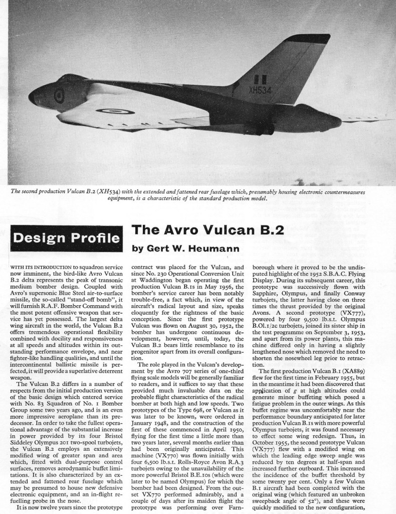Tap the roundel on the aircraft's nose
pyautogui.click(x=59, y=95)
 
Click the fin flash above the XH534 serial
pyautogui.click(x=260, y=79)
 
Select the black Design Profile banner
pyautogui.click(x=66, y=238)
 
